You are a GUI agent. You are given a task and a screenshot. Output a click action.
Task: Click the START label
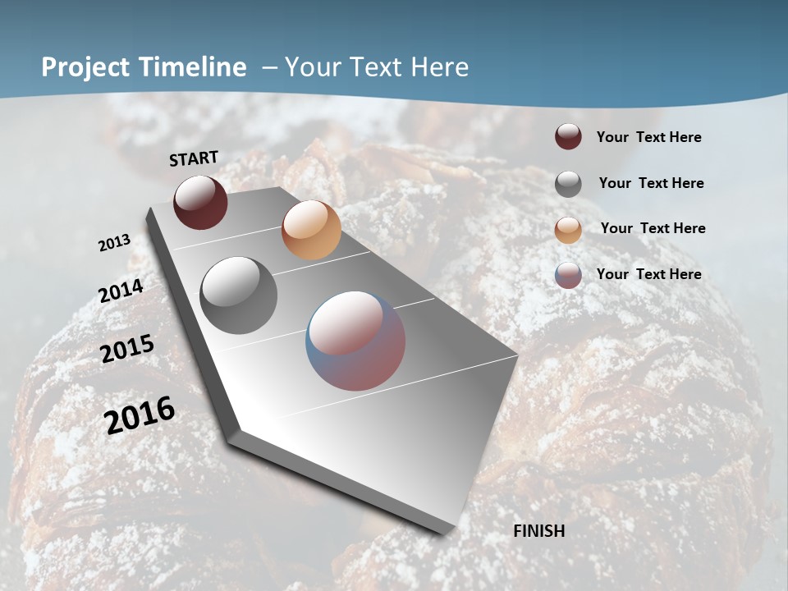click(x=194, y=158)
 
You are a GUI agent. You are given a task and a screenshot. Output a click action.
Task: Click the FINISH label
click(x=539, y=531)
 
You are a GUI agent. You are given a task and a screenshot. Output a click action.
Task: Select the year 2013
click(x=114, y=243)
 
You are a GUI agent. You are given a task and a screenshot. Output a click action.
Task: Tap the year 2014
click(x=121, y=291)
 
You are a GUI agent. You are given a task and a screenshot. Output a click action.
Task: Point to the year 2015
click(x=127, y=349)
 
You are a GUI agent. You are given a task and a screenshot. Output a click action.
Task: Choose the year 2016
click(x=140, y=415)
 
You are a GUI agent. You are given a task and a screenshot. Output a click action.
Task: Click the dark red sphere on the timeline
click(x=200, y=202)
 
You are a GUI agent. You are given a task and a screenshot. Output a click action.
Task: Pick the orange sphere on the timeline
click(x=311, y=230)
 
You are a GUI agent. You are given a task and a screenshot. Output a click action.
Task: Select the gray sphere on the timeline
click(x=239, y=295)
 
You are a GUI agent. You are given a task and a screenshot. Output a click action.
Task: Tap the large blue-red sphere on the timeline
click(x=355, y=341)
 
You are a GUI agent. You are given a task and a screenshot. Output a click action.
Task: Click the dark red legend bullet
click(x=568, y=136)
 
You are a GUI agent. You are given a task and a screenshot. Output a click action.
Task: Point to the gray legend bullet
click(x=568, y=184)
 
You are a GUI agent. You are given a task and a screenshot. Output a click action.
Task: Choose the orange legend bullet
click(x=568, y=229)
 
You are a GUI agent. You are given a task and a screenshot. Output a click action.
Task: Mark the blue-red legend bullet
click(x=568, y=275)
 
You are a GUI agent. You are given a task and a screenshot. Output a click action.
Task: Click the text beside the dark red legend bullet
click(x=648, y=138)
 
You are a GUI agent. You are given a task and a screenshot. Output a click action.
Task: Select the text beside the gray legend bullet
click(x=651, y=183)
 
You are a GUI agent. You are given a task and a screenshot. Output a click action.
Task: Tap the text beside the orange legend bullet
click(x=653, y=228)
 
